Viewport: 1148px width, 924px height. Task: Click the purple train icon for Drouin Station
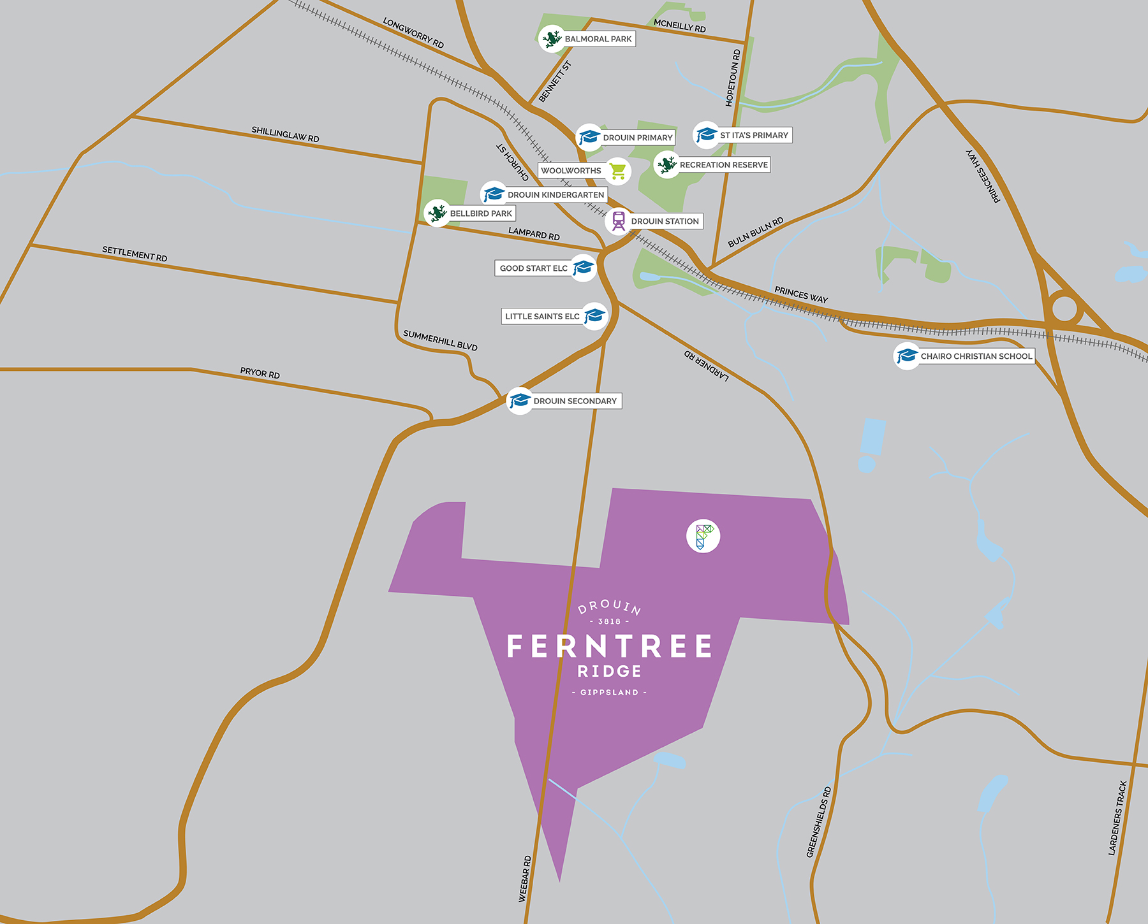coord(618,221)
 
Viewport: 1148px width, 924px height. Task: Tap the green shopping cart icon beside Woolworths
coord(617,171)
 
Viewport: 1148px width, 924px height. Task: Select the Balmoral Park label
coord(598,39)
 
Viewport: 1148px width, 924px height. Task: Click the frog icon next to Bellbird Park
coord(437,213)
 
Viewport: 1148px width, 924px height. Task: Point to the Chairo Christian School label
coord(975,356)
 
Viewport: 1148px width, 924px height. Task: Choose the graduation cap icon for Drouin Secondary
coord(520,401)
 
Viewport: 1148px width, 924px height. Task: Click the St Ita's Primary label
coord(754,135)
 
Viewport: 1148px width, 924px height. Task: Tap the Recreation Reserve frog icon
coord(666,165)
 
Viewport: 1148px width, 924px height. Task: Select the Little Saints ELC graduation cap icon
coord(594,316)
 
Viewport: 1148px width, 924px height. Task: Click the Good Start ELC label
coord(533,268)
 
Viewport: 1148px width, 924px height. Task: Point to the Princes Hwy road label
coord(983,176)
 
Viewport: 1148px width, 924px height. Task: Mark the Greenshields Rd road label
coord(819,821)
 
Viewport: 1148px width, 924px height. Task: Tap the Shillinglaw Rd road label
coord(285,134)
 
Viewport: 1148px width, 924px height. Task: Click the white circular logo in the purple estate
coord(703,536)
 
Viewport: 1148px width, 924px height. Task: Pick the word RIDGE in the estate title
coord(609,671)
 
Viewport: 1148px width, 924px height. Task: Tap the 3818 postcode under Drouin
coord(609,621)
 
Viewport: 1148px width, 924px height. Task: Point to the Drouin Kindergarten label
coord(555,195)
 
